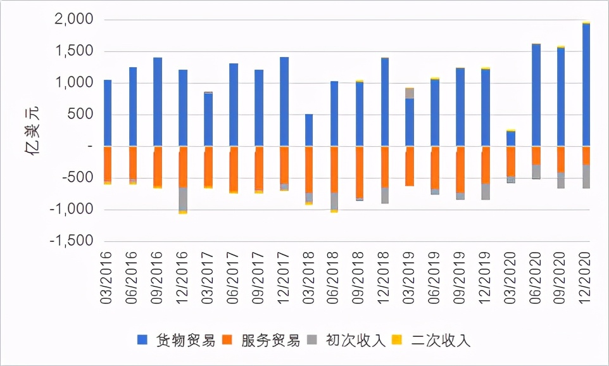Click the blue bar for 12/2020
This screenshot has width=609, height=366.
(x=586, y=85)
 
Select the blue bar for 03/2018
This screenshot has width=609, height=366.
(x=309, y=130)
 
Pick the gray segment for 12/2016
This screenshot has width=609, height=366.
(x=183, y=199)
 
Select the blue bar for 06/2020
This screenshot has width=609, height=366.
(x=536, y=95)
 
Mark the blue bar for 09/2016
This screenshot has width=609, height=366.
(x=158, y=102)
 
